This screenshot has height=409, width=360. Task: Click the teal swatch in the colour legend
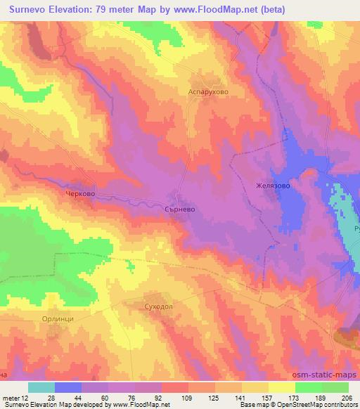tap(41, 387)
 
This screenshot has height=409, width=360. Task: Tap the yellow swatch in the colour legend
tap(282, 387)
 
